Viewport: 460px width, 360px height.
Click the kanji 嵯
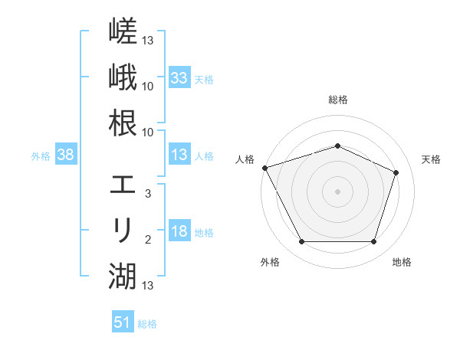123,31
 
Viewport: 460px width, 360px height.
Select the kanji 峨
123,77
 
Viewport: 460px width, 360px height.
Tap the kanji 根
123,123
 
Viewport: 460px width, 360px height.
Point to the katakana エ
123,185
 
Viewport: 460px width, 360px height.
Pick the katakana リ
123,230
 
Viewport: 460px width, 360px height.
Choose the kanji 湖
123,277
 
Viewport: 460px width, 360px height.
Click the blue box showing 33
179,77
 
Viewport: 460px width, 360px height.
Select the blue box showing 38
66,154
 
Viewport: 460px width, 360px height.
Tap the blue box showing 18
179,230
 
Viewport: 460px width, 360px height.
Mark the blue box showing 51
123,321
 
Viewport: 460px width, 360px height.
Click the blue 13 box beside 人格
179,154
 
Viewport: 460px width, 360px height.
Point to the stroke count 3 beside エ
148,194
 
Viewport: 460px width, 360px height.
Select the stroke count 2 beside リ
148,240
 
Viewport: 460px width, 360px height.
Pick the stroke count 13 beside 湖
147,286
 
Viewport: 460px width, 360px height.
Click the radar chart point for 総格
337,146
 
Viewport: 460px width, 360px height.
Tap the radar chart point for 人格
265,168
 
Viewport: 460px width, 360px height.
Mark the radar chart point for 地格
373,241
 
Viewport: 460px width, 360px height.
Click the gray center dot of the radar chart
337,191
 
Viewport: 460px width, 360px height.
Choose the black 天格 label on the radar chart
431,159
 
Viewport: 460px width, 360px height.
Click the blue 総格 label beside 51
147,324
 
